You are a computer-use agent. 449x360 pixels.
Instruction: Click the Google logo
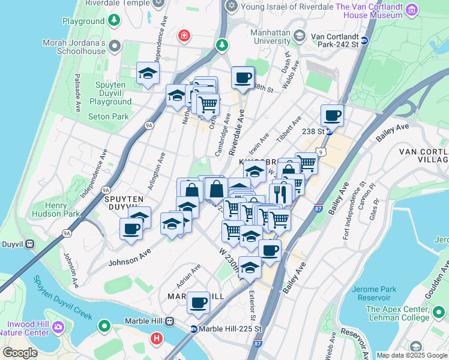click(20, 353)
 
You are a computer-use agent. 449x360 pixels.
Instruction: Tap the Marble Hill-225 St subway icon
click(194, 329)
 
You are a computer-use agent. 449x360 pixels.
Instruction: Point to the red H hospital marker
click(157, 339)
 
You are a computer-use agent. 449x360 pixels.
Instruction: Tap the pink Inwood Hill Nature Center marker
click(58, 328)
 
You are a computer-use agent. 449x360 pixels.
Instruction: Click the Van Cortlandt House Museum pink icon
click(411, 10)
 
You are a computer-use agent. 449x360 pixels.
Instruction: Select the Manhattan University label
click(262, 37)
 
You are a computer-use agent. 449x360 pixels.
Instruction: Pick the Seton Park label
click(109, 116)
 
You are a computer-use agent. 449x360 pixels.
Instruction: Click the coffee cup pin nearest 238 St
click(332, 115)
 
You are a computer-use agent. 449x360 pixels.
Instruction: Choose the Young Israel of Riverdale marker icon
click(231, 5)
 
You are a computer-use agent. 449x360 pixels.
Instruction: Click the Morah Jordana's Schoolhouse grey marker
click(115, 46)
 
